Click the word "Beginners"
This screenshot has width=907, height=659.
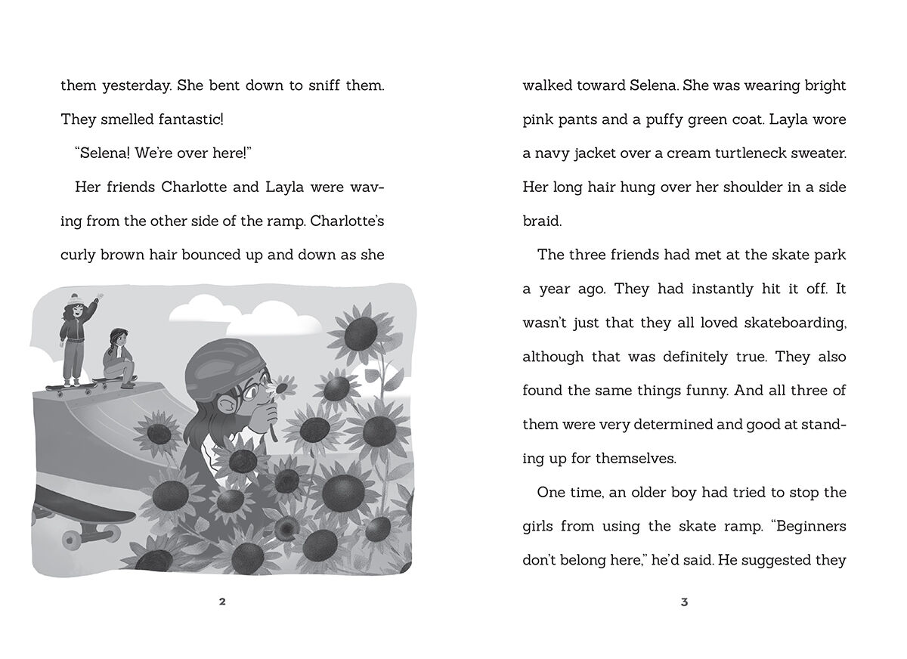point(806,526)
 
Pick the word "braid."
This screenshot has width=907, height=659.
point(542,221)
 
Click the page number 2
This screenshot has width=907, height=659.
point(222,602)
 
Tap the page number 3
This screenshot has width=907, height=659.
point(684,602)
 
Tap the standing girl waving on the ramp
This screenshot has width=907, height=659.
point(75,340)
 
